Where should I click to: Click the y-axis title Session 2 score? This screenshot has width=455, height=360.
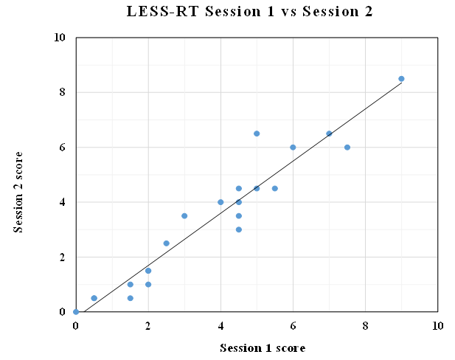(18, 192)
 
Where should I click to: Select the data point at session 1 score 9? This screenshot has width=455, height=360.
(401, 79)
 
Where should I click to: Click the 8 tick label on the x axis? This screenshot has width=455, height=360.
(365, 326)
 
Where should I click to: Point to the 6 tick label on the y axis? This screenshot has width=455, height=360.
(63, 148)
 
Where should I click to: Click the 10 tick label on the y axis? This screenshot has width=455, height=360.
(60, 38)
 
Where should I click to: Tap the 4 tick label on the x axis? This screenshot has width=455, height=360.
(220, 326)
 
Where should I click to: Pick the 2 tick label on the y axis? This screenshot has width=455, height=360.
(63, 257)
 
